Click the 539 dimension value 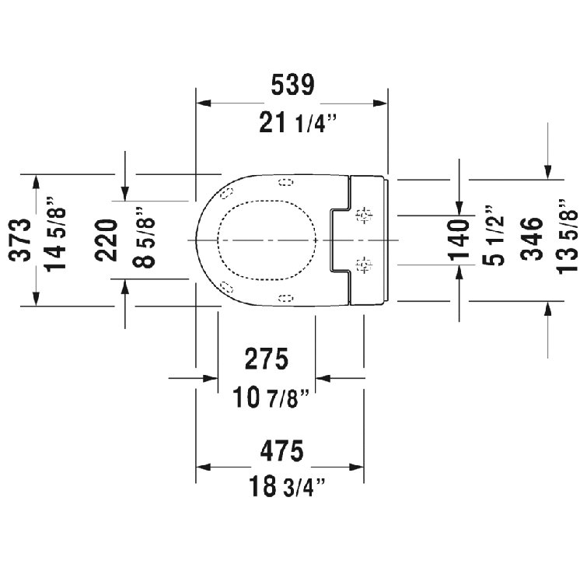pyautogui.click(x=292, y=85)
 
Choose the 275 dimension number pyautogui.click(x=267, y=359)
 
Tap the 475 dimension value pyautogui.click(x=278, y=450)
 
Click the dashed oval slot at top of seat pyautogui.click(x=285, y=184)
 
